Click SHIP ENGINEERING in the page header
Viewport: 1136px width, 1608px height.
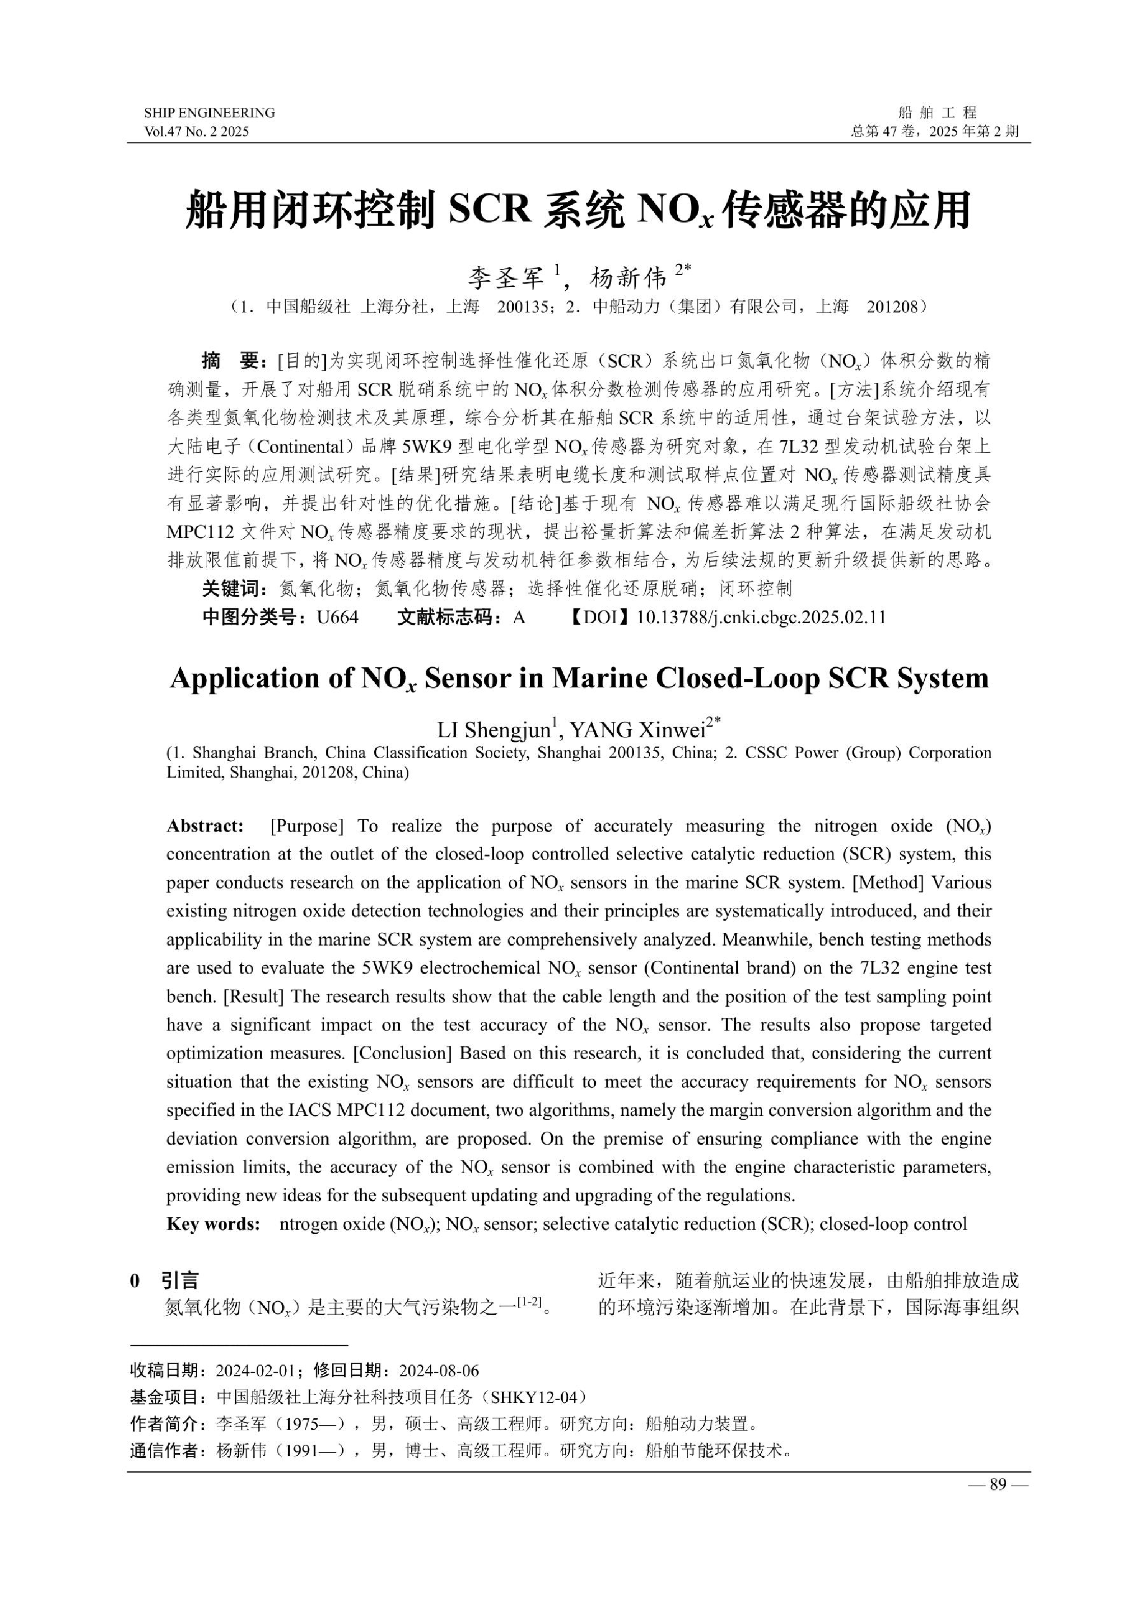point(209,113)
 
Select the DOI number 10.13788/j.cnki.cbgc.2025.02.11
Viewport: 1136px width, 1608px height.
point(762,617)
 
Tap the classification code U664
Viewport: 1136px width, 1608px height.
point(338,617)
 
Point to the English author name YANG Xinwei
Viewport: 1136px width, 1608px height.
point(636,730)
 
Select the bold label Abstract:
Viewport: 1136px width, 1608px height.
point(205,826)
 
